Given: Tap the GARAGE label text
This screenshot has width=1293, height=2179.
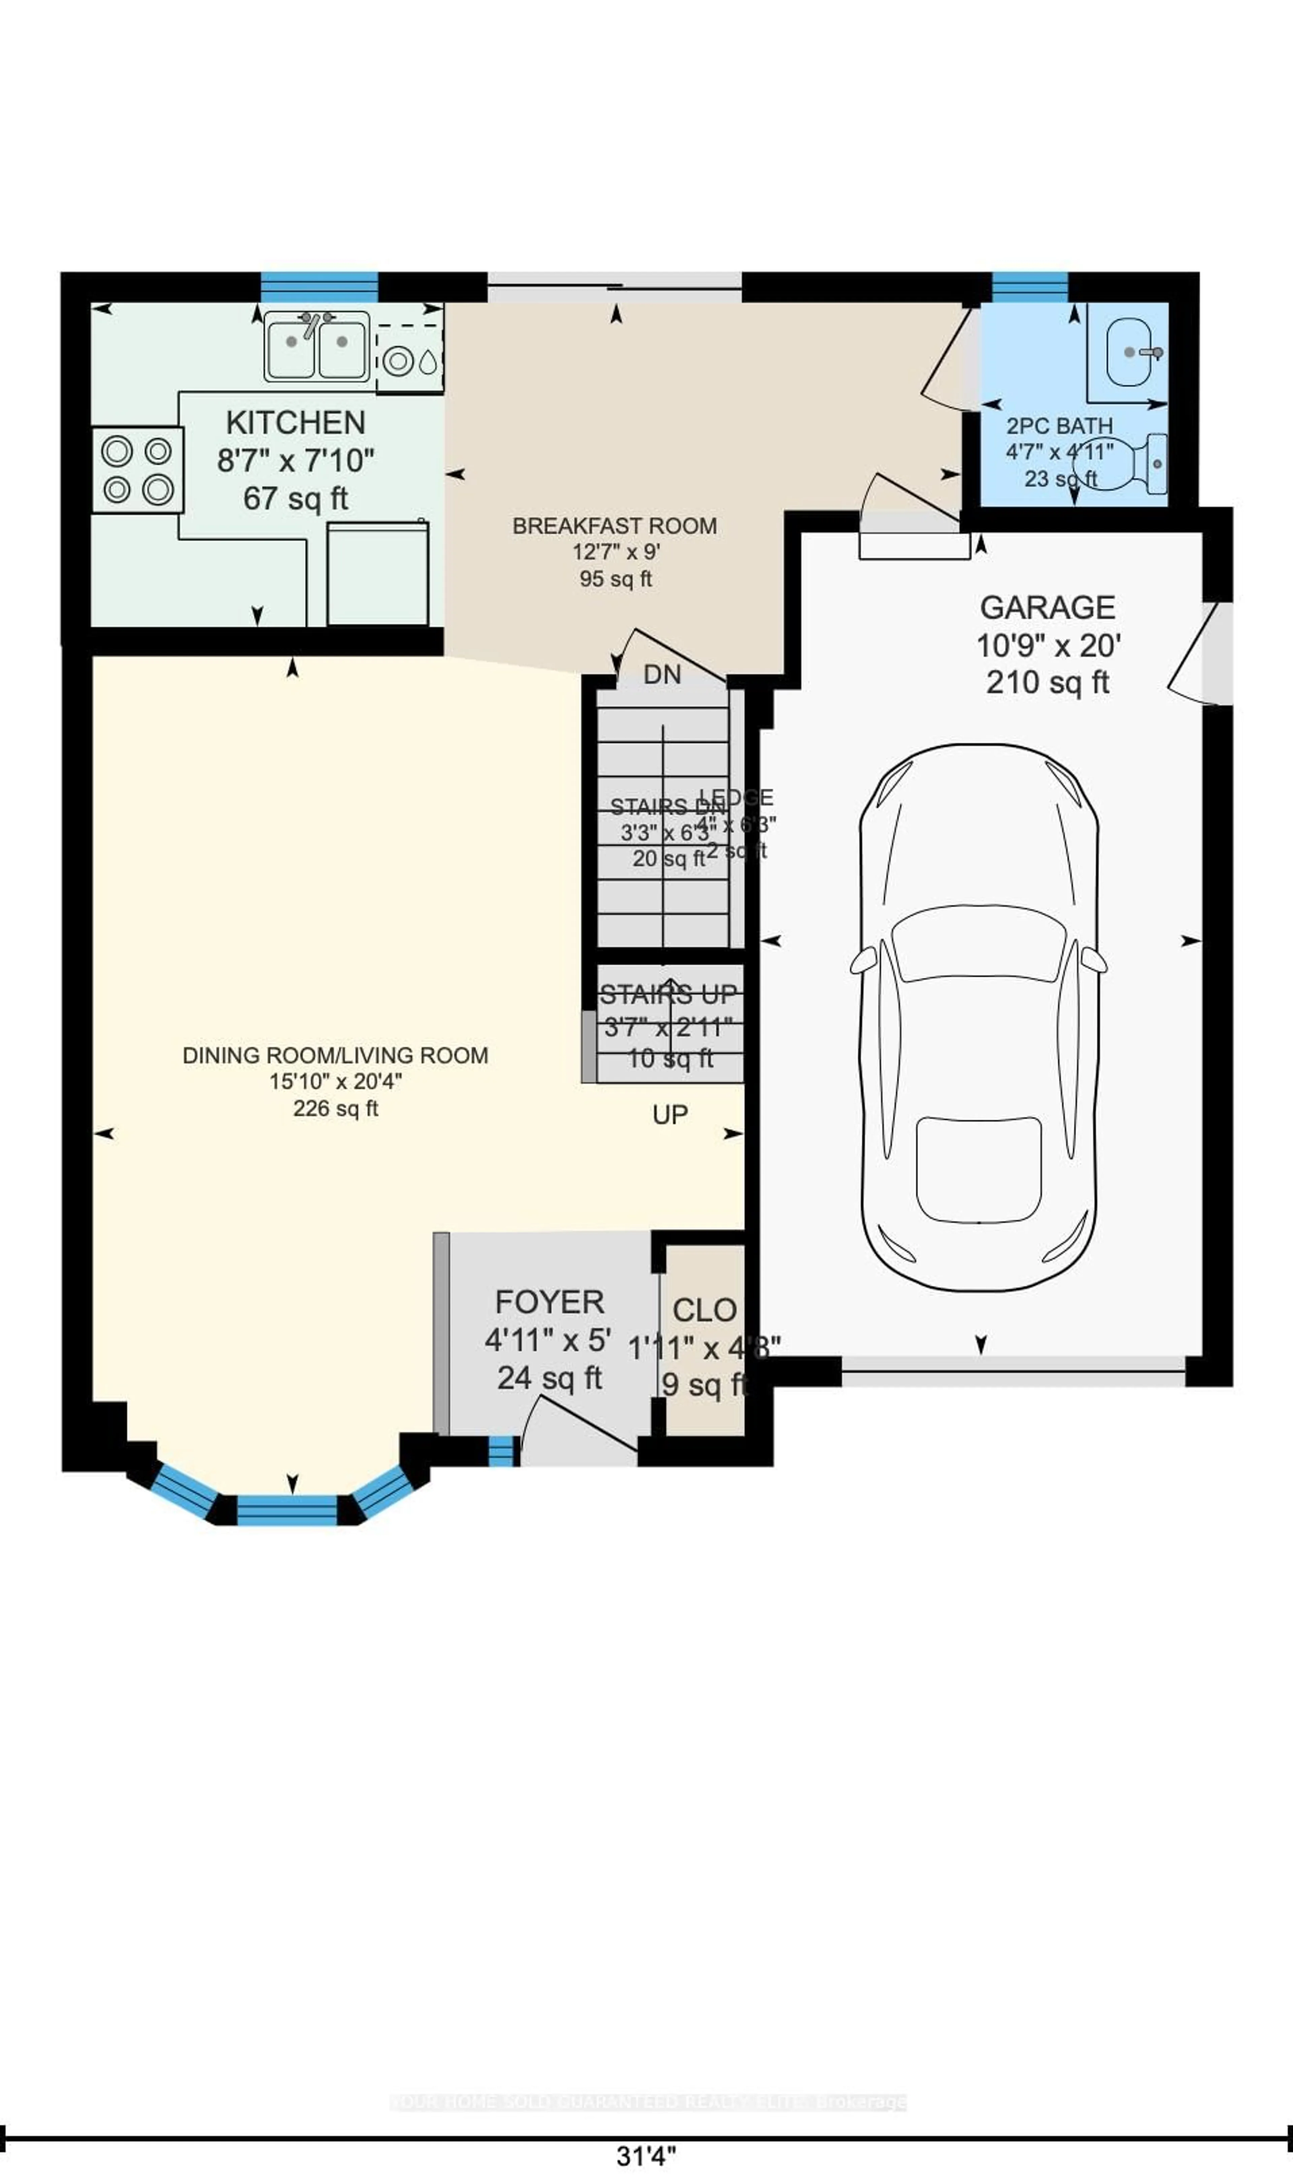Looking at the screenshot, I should [1047, 607].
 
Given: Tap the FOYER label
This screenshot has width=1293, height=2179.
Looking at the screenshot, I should [549, 1302].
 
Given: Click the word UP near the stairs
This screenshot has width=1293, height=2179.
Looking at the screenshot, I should [670, 1115].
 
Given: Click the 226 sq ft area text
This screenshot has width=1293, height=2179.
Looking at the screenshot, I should [335, 1109].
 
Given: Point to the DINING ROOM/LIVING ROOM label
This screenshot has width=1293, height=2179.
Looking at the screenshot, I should [335, 1055].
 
